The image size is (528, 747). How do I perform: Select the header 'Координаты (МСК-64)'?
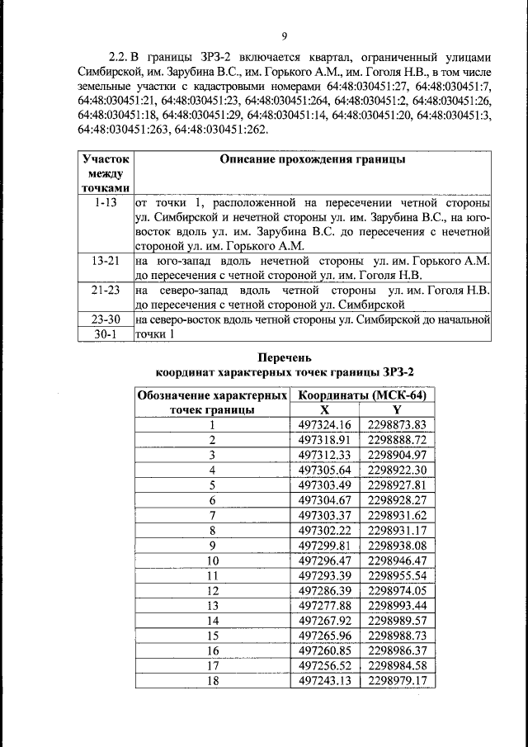(363, 395)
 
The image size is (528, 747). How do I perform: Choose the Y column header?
(398, 409)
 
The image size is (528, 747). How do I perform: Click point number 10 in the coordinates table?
(212, 560)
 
